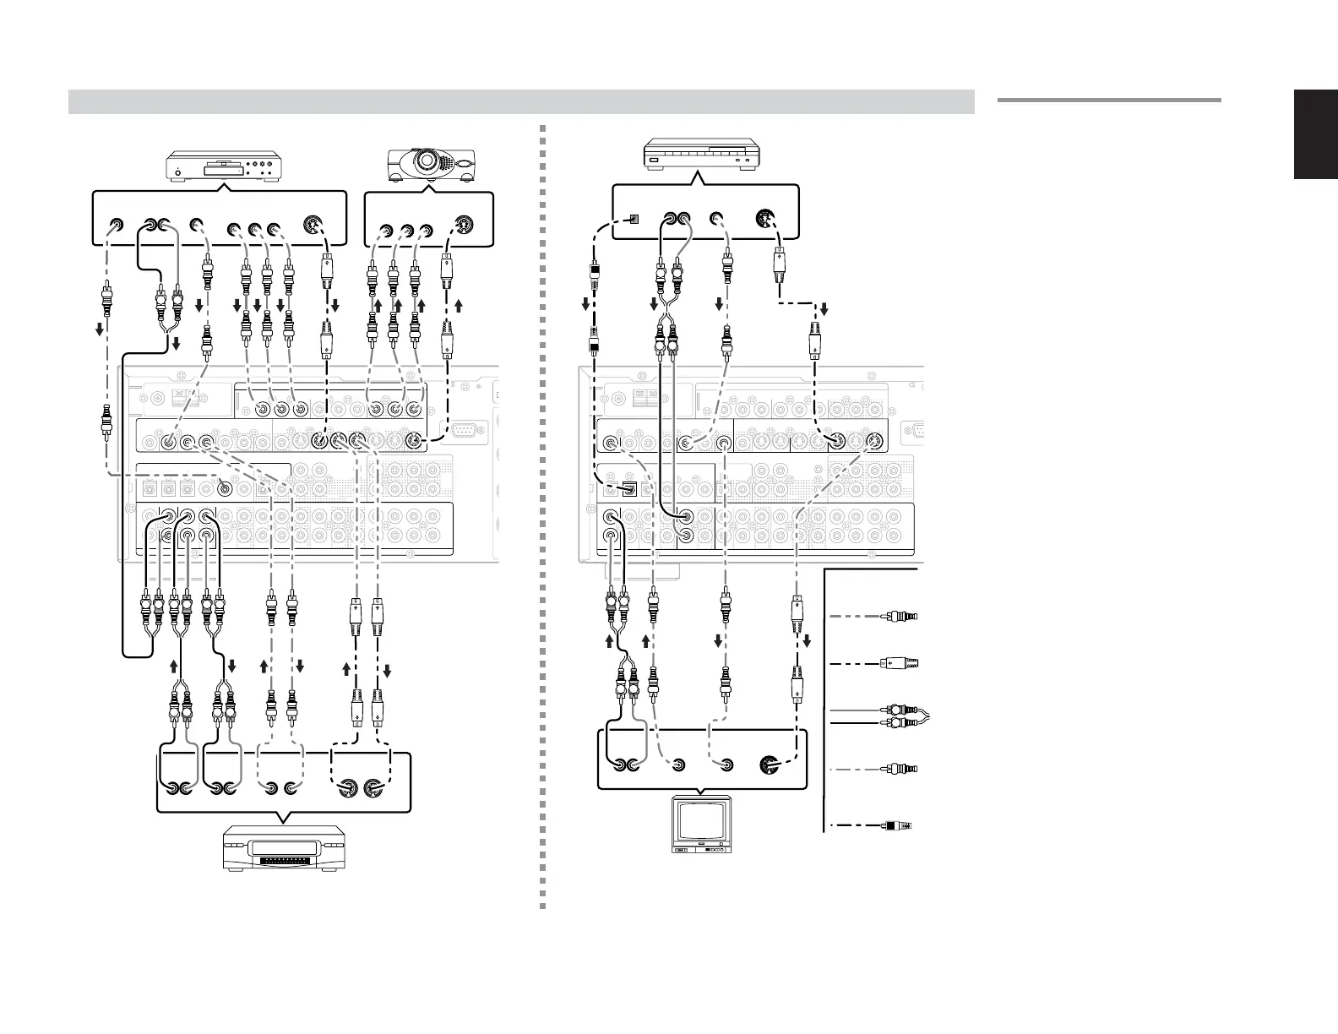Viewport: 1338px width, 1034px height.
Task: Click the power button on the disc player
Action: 178,176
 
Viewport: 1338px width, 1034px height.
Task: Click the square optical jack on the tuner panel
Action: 635,219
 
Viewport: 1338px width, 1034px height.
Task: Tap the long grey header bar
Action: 520,101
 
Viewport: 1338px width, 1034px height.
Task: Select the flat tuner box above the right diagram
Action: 702,156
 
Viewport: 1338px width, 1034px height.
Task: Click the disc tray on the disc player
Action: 221,174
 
